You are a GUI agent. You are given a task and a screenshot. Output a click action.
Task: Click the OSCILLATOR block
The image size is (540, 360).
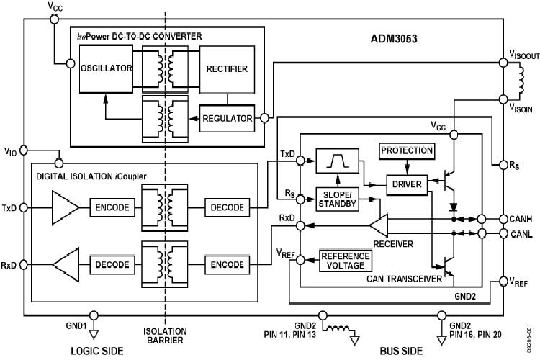click(107, 68)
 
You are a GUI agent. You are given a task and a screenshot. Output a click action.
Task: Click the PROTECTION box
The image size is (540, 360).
click(408, 151)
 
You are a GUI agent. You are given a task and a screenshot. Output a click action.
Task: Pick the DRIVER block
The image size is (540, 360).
click(407, 183)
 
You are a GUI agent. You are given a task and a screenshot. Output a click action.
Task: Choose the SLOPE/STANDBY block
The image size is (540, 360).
click(337, 199)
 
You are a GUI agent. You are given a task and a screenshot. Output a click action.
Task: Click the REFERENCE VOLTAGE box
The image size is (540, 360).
click(346, 261)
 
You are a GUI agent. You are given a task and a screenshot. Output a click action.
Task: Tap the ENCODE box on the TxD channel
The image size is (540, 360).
click(112, 207)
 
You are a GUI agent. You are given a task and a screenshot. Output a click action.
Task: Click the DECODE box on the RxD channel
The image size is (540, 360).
click(112, 264)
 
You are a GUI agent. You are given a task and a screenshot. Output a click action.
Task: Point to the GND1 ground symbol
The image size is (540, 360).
click(93, 331)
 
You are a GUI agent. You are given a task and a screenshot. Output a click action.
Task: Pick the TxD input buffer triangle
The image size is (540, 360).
click(65, 207)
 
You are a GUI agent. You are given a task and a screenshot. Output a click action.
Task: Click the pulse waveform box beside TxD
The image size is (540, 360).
click(337, 161)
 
